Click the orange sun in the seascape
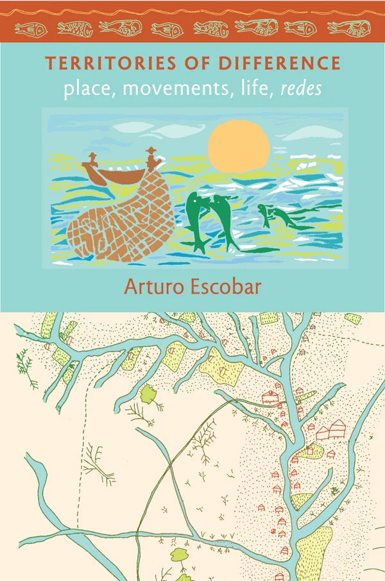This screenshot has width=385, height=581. tap(238, 145)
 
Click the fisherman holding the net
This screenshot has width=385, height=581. tap(151, 159)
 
